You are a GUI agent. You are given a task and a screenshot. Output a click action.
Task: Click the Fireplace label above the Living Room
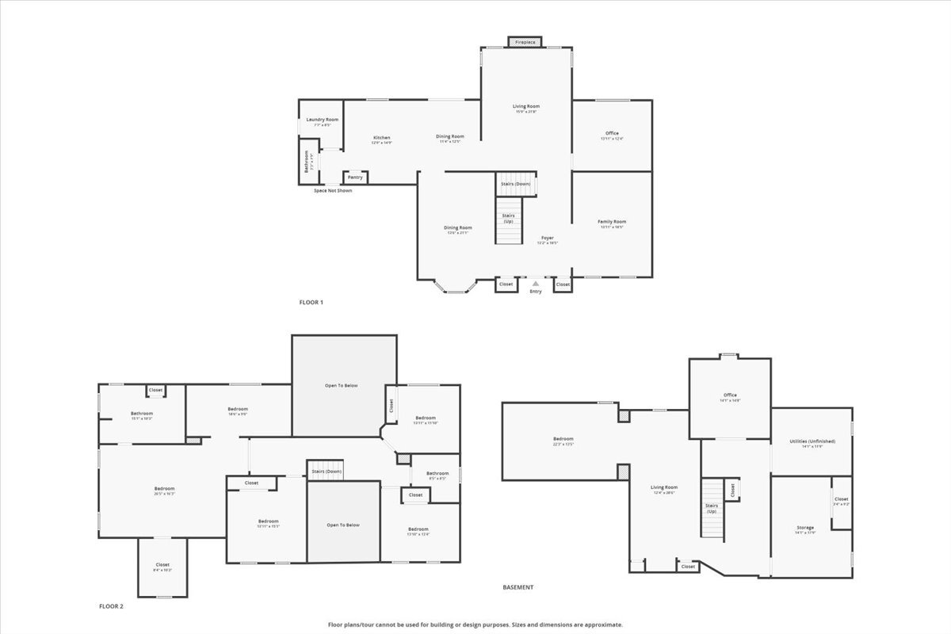click(525, 42)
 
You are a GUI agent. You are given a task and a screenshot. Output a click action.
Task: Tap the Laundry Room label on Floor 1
click(322, 120)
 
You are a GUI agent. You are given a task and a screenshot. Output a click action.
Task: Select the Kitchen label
click(382, 138)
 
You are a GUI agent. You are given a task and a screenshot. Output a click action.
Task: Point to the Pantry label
click(355, 177)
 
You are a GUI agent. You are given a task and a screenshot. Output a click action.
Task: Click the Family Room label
click(611, 222)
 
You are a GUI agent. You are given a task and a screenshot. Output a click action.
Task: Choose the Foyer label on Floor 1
click(547, 237)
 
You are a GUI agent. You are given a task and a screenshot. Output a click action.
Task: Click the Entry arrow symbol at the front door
click(536, 283)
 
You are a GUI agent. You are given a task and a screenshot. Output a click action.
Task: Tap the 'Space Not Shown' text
click(333, 191)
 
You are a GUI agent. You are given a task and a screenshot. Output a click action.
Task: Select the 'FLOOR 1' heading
click(311, 302)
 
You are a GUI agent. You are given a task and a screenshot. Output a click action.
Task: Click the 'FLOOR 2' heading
click(111, 606)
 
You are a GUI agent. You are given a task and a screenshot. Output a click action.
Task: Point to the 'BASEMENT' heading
click(518, 587)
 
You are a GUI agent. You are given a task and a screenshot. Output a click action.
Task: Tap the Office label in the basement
click(730, 395)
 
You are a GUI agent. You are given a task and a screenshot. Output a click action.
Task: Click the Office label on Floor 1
click(612, 133)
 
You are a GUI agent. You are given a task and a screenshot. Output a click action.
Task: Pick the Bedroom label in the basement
click(563, 438)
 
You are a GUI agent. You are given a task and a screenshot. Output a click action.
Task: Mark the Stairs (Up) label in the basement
click(711, 509)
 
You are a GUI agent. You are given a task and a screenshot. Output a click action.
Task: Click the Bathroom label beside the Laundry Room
click(307, 162)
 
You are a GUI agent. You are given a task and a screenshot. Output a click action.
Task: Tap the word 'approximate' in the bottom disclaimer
click(604, 624)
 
